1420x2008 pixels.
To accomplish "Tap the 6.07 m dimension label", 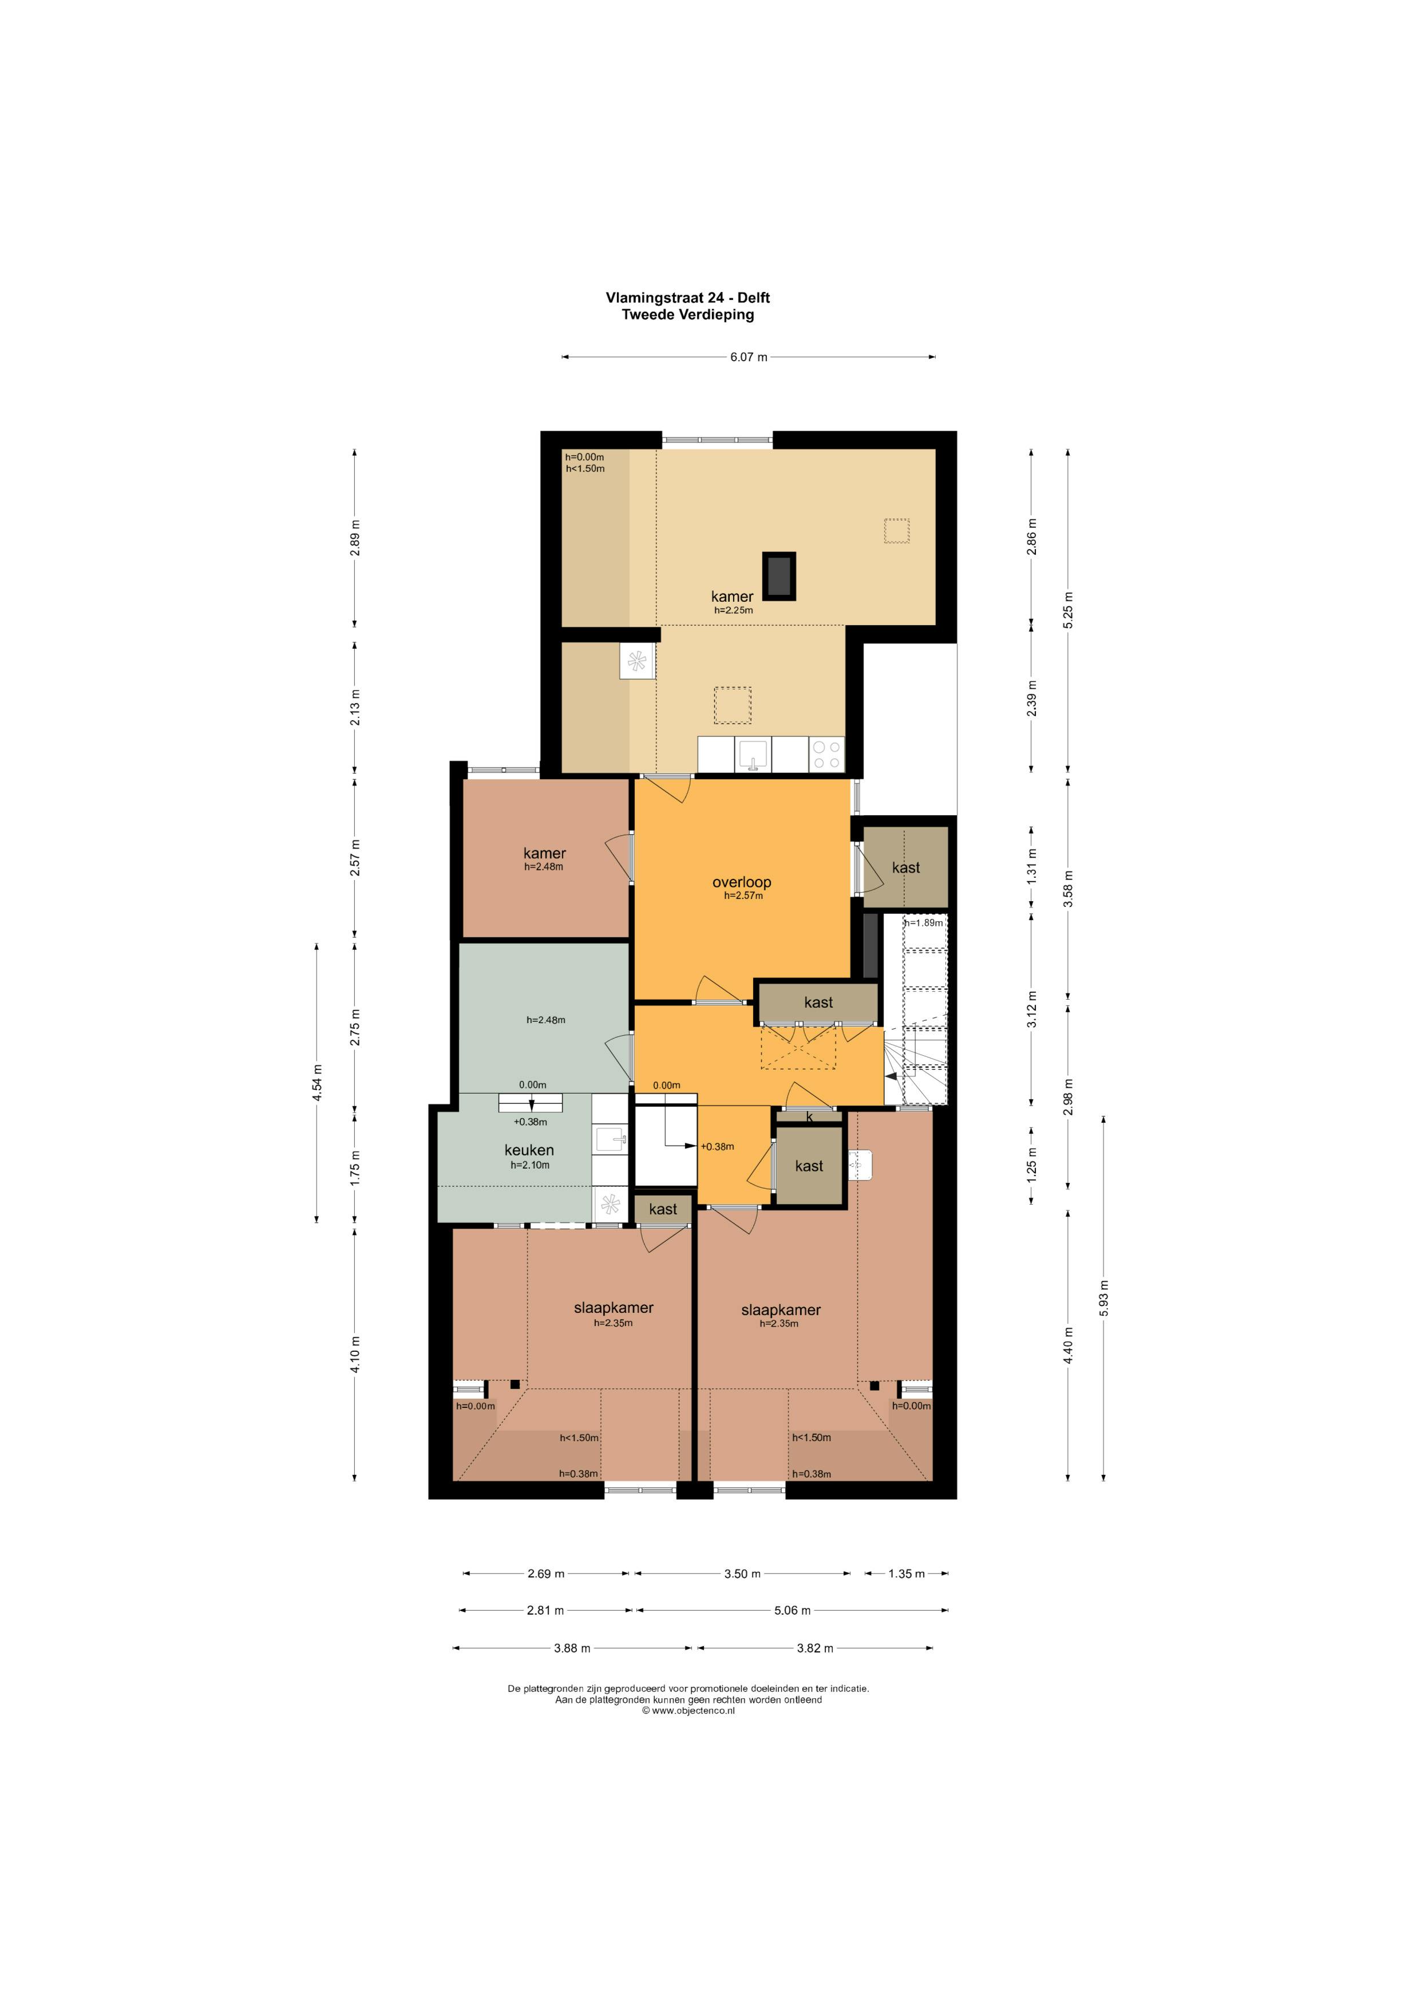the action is pos(749,357).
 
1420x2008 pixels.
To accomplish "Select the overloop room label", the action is pos(741,882).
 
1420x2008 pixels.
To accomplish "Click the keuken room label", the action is pos(529,1150).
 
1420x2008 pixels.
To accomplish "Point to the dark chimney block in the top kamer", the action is pos(779,575).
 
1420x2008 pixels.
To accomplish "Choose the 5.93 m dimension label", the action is pos(1103,1298).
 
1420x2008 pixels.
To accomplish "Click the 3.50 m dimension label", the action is pos(742,1573).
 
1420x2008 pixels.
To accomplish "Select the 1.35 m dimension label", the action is pos(906,1573).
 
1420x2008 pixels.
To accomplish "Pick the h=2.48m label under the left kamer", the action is pos(544,867).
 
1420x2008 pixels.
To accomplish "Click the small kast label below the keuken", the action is pos(663,1209).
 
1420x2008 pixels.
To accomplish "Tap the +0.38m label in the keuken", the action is pos(530,1122).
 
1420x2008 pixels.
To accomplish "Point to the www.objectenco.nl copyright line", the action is pos(688,1711).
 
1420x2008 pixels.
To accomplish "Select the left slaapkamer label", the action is pos(614,1308).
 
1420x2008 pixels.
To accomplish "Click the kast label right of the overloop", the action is pos(906,867).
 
